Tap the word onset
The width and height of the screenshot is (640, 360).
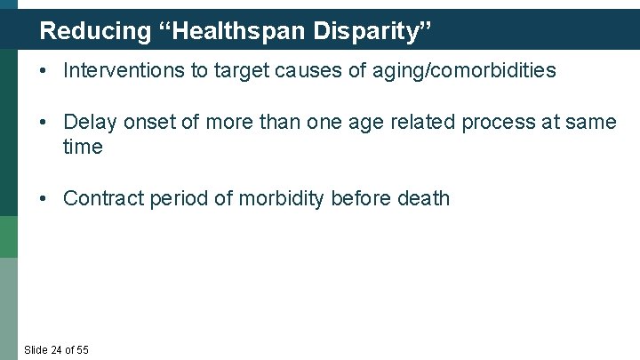148,123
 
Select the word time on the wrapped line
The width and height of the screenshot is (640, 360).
83,147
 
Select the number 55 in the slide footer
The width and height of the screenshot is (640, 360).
82,349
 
